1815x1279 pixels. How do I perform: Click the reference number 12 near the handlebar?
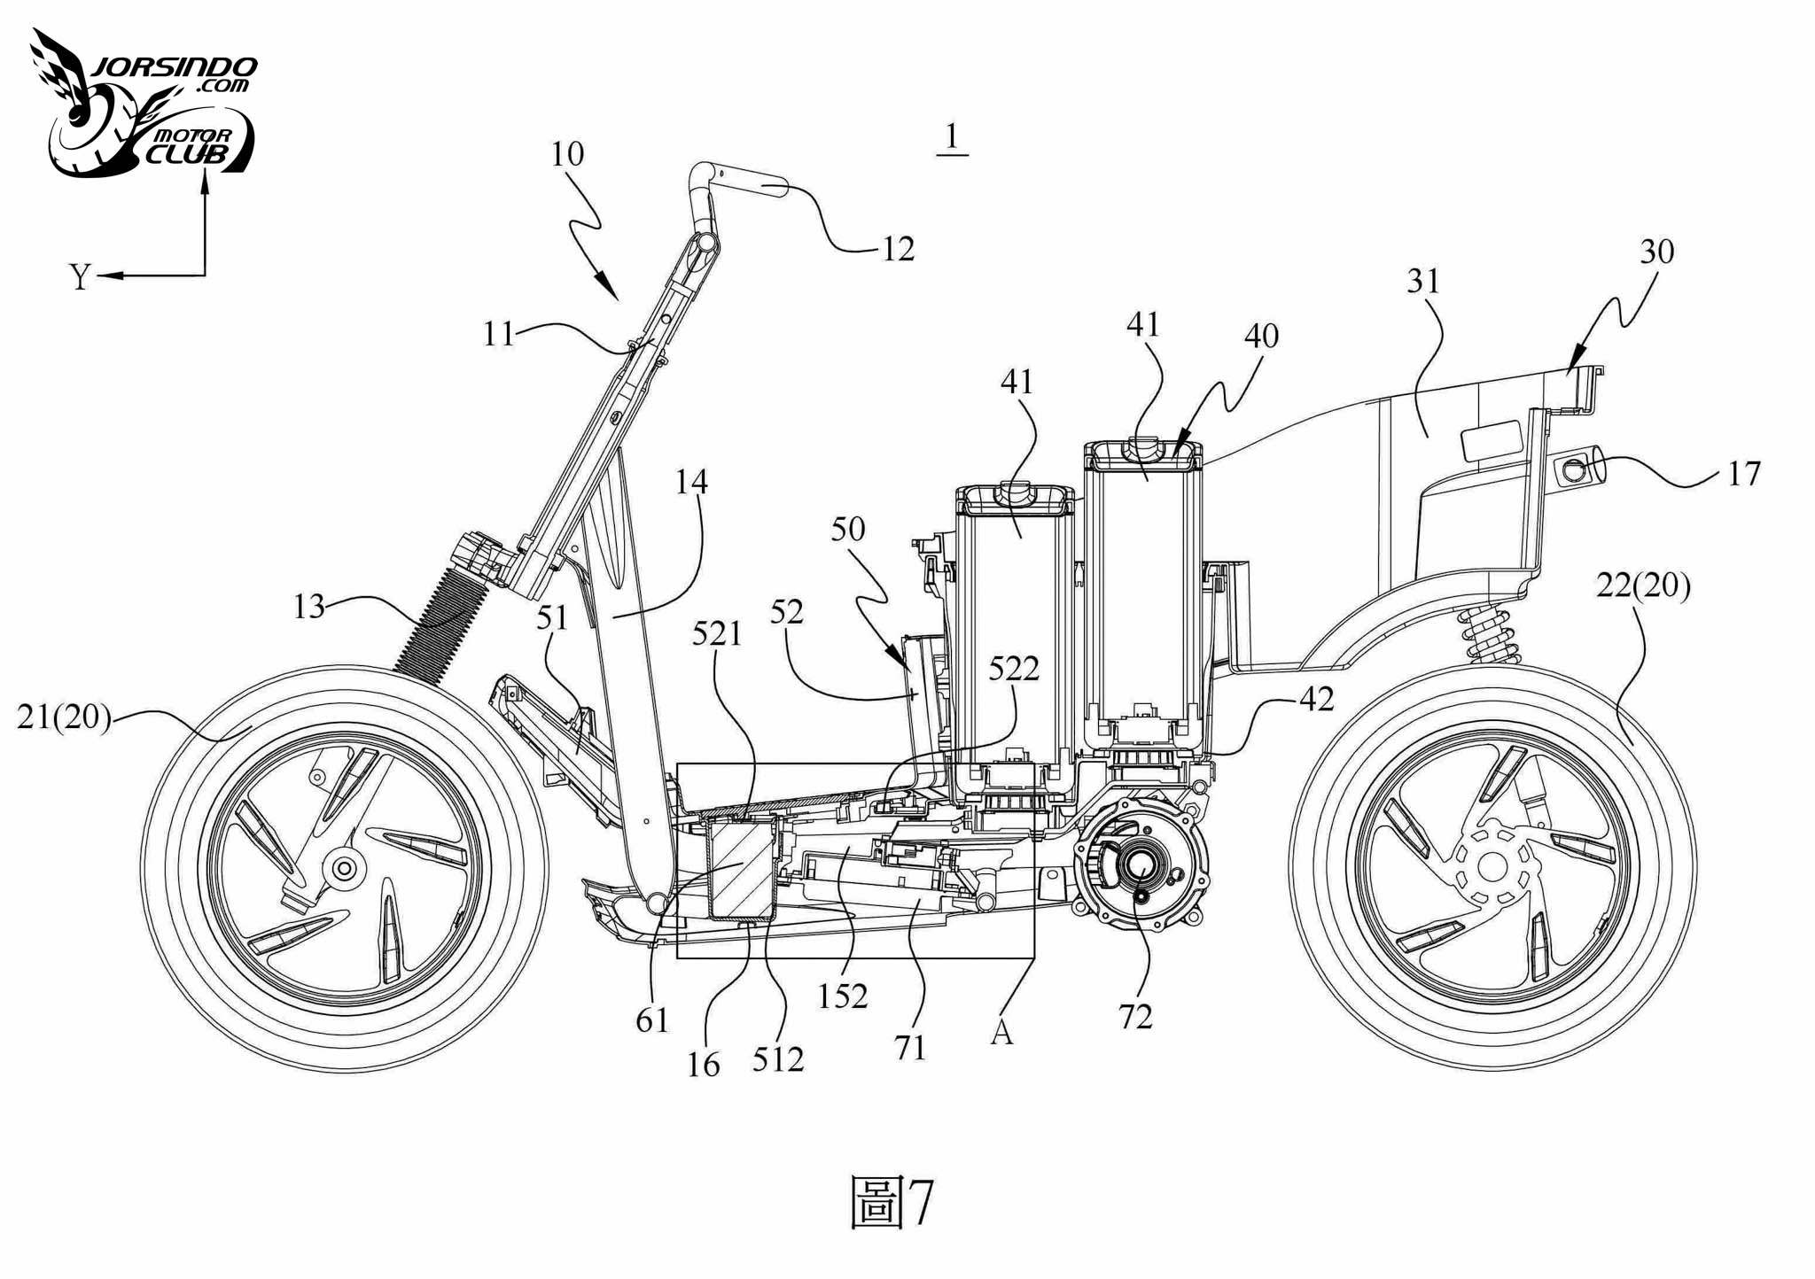pos(898,249)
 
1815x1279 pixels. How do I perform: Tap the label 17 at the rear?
pos(1743,474)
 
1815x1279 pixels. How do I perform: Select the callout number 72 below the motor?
pos(1135,1017)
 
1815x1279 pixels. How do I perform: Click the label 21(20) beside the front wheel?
pos(64,717)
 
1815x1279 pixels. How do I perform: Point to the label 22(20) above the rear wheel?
pos(1643,585)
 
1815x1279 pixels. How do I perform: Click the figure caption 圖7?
pos(892,1203)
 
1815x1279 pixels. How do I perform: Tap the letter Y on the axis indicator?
pos(80,278)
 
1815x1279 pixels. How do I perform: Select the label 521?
pos(717,633)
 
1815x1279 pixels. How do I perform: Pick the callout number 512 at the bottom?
pos(778,1059)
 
